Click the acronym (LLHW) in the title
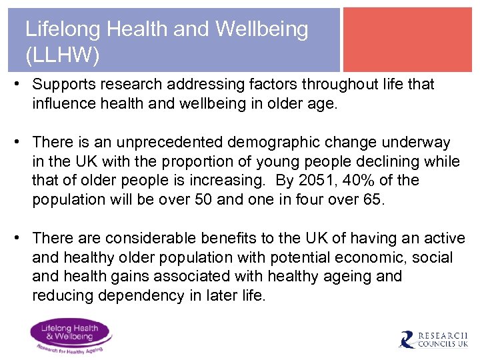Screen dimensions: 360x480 click(x=62, y=56)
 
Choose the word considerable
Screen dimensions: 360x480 click(x=163, y=239)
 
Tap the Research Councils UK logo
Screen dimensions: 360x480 click(x=433, y=340)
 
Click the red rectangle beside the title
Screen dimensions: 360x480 click(x=407, y=39)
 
